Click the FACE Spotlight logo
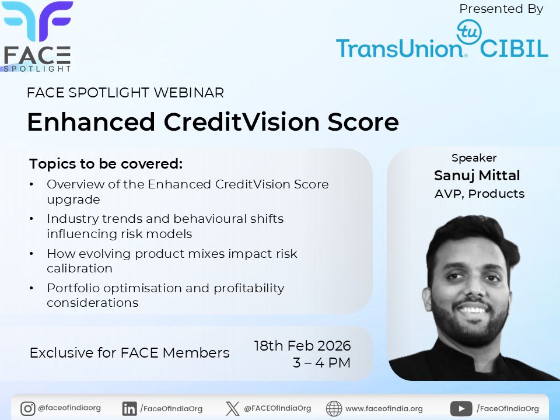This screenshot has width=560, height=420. (x=37, y=36)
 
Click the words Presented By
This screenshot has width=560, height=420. (x=501, y=9)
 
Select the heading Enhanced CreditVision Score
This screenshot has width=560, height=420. (x=212, y=122)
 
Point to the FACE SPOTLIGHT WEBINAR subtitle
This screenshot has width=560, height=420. (x=125, y=93)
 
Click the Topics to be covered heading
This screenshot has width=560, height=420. (x=106, y=164)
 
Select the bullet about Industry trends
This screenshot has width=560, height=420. (x=164, y=226)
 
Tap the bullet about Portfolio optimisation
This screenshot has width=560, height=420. (x=165, y=295)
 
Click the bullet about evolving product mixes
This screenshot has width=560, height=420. (x=171, y=261)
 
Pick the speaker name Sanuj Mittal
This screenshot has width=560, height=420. (x=477, y=176)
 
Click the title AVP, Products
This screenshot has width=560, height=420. (x=480, y=194)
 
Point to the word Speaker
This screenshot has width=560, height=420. (x=474, y=158)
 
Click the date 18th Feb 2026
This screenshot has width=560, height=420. (x=302, y=345)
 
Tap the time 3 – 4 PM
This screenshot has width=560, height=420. (x=321, y=363)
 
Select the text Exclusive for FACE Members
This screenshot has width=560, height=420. (x=129, y=353)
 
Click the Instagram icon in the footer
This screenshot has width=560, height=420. (x=27, y=409)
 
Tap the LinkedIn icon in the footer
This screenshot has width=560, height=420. (x=129, y=409)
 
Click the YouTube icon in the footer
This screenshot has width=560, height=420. (x=461, y=409)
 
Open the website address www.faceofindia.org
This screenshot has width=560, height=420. (x=384, y=409)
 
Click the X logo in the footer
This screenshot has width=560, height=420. (x=232, y=409)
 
